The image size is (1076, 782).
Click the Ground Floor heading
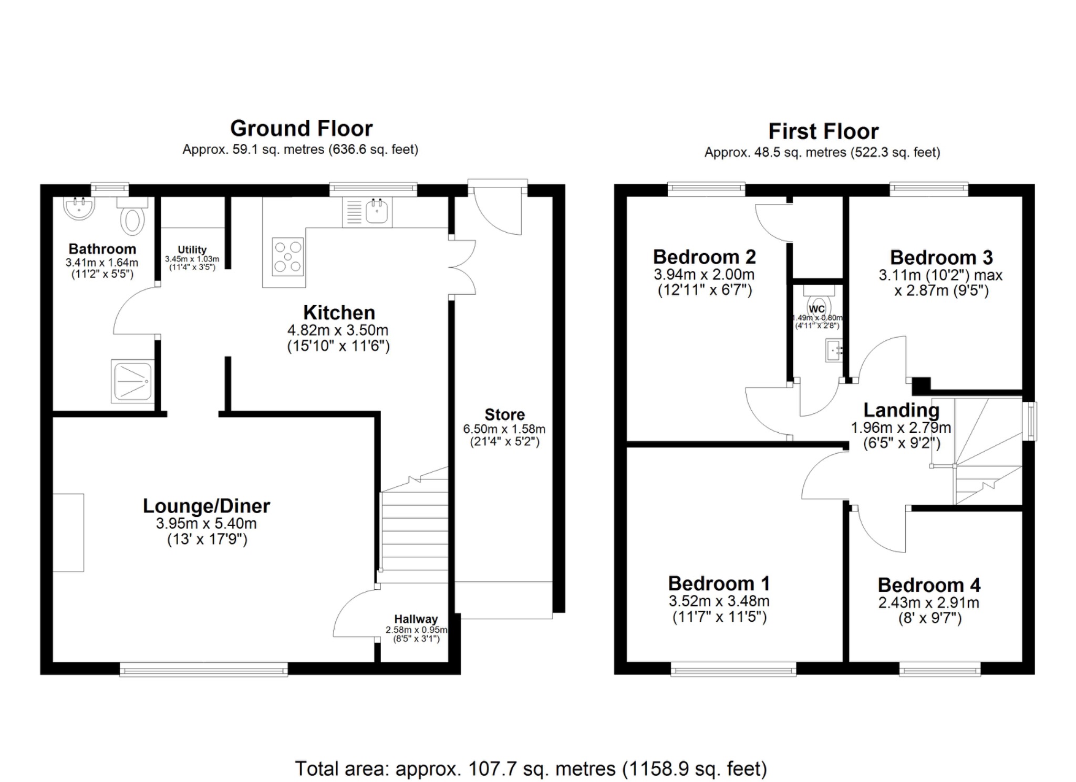click(301, 129)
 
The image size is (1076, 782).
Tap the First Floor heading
click(823, 131)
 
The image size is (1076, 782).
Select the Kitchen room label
click(339, 312)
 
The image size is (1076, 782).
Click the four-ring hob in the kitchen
click(288, 257)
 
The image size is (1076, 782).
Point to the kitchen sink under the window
click(376, 211)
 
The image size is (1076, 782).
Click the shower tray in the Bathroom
click(132, 381)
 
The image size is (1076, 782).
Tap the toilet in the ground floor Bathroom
click(132, 220)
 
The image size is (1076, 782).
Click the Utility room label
click(192, 249)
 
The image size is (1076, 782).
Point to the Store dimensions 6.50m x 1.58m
click(504, 429)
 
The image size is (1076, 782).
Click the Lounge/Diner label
click(206, 506)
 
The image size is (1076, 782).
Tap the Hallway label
click(416, 619)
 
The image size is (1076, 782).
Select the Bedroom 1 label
click(719, 583)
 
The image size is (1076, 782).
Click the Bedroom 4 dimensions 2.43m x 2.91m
click(928, 602)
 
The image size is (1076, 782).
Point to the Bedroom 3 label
click(941, 257)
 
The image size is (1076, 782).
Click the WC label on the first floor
click(817, 309)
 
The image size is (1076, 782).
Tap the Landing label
click(901, 410)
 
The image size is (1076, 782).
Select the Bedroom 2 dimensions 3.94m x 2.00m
click(704, 274)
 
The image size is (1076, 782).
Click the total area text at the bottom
click(531, 768)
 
